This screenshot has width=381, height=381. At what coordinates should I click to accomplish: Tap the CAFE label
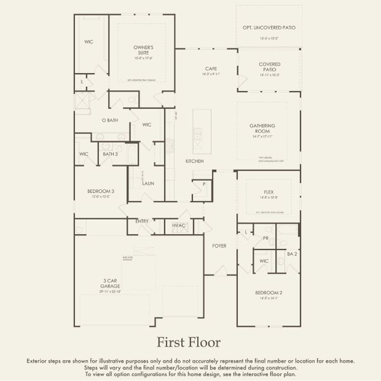[211, 69]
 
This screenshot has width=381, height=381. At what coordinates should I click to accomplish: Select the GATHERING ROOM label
[262, 128]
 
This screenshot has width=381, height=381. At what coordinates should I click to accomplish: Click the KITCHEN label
[194, 161]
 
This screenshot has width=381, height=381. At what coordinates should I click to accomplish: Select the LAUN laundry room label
[148, 184]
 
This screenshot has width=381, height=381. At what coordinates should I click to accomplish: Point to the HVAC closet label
[178, 225]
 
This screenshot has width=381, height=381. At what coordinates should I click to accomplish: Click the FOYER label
[219, 245]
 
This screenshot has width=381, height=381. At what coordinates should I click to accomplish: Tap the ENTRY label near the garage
[142, 221]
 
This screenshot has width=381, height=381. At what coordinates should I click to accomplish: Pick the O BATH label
[109, 120]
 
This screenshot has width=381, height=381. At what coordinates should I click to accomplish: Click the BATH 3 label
[110, 154]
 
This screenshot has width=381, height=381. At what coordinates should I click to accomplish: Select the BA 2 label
[291, 253]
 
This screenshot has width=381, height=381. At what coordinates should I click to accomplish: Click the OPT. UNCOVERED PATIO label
[269, 28]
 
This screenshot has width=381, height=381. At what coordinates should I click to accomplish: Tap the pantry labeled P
[204, 184]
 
